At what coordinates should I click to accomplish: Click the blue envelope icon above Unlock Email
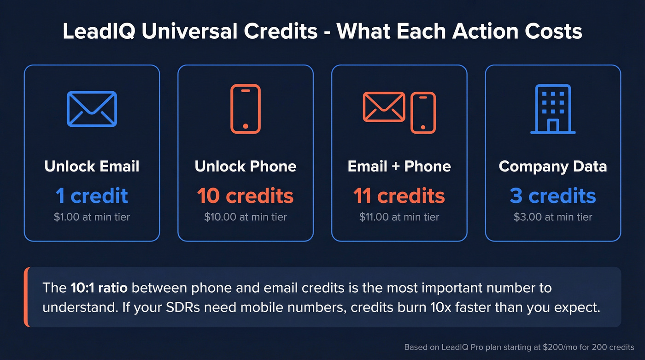tap(92, 109)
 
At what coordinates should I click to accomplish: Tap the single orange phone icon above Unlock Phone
tap(245, 109)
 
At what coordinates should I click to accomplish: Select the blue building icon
tap(553, 109)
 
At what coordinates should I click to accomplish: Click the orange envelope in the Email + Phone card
tap(384, 107)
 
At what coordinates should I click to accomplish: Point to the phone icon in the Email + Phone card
tap(423, 112)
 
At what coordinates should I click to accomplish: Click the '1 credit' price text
tap(92, 196)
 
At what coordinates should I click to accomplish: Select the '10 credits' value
tap(245, 196)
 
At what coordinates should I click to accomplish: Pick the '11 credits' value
tap(399, 196)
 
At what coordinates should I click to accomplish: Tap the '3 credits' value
tap(553, 196)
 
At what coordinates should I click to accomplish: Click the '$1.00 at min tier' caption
tap(92, 217)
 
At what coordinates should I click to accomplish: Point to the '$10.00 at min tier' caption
tap(245, 217)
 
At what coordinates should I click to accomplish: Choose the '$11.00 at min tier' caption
tap(399, 217)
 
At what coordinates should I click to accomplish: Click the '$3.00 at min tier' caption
tap(553, 217)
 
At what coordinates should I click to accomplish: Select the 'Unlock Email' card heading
tap(92, 166)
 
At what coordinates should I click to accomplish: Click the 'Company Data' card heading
tap(553, 166)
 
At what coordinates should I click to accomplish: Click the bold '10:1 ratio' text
tap(99, 288)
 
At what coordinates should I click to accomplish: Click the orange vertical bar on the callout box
tap(26, 297)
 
